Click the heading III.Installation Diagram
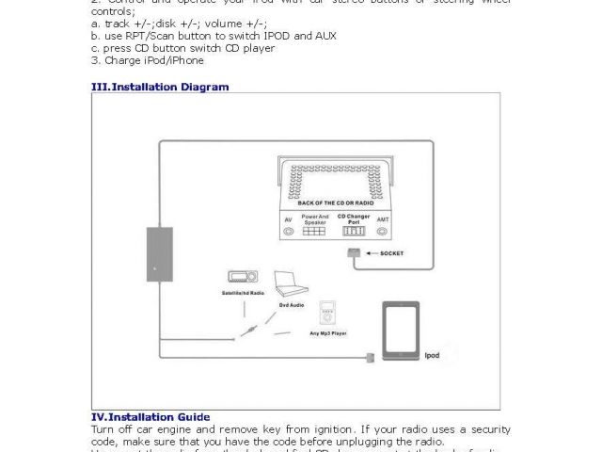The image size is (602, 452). [159, 87]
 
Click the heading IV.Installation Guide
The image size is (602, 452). [150, 416]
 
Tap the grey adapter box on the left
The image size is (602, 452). [159, 253]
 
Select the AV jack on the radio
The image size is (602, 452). [288, 230]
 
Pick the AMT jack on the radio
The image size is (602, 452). [382, 230]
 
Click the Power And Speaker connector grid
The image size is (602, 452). [315, 230]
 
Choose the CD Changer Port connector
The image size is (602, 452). [354, 230]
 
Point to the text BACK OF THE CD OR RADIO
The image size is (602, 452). [336, 202]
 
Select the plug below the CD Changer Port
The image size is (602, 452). [353, 253]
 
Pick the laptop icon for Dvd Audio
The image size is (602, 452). [291, 284]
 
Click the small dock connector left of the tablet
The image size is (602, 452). [370, 356]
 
